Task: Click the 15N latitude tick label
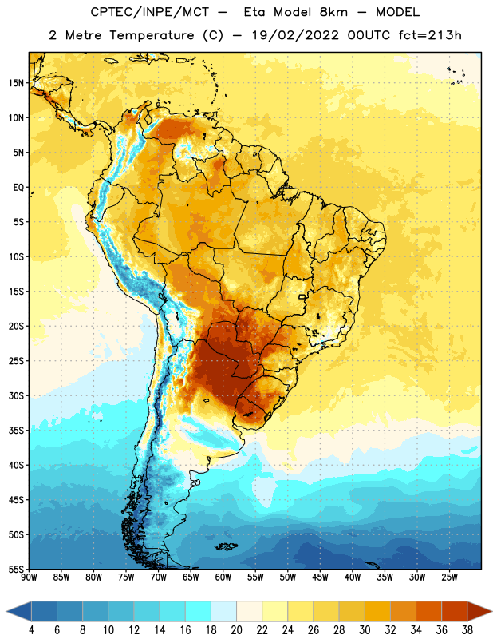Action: (x=16, y=83)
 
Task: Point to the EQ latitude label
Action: (x=18, y=188)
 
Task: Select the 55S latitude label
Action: (x=16, y=569)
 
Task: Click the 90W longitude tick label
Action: (x=29, y=577)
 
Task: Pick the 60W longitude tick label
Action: (x=223, y=577)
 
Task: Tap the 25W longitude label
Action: (x=449, y=577)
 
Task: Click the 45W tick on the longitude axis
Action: (x=320, y=577)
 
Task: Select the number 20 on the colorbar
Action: (x=236, y=630)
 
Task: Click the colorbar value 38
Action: (x=467, y=630)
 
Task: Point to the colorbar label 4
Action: (x=31, y=630)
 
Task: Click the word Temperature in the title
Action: (x=152, y=35)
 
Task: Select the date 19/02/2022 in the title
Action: (x=295, y=35)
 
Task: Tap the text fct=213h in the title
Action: (x=430, y=35)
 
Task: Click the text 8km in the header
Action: (x=333, y=12)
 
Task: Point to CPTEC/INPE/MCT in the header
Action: (x=150, y=12)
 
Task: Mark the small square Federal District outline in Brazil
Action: (x=302, y=297)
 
